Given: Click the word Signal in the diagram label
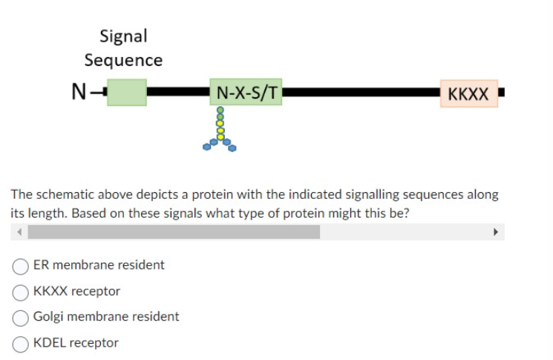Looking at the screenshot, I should tap(123, 36).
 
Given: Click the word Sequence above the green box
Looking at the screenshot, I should tap(123, 60).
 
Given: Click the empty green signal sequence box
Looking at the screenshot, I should tap(126, 93).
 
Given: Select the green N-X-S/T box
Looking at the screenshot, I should tap(246, 93).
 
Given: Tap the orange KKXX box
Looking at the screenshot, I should tap(468, 94).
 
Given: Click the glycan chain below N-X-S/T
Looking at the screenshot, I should tap(220, 130).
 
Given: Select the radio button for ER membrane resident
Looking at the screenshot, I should tap(22, 265).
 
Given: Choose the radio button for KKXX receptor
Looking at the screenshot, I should tap(22, 291).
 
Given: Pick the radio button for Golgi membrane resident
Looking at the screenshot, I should tap(22, 317).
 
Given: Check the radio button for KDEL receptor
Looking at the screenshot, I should tap(22, 343).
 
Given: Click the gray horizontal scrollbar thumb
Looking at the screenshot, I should tap(174, 232).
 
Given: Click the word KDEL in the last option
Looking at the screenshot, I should tap(50, 343).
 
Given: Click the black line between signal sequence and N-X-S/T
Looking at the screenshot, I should tap(178, 93).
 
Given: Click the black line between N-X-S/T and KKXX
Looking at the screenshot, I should tap(360, 94).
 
